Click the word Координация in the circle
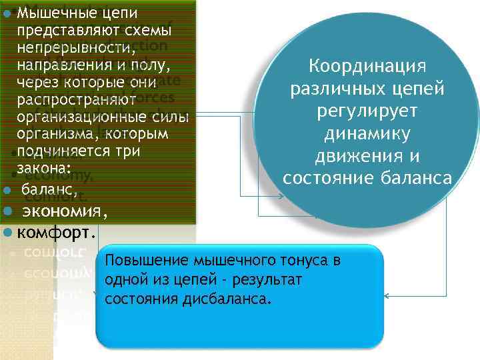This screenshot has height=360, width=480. coord(367,67)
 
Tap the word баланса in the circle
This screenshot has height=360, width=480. coord(419,179)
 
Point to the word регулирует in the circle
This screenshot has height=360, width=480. coord(367,112)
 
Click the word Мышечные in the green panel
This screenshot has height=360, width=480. coord(48,11)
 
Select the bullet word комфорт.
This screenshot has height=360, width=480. coord(57,233)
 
